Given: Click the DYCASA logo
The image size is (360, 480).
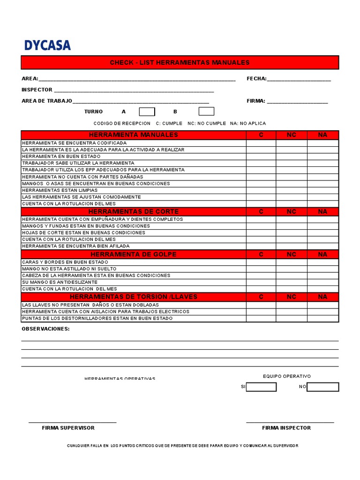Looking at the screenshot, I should point(47,45).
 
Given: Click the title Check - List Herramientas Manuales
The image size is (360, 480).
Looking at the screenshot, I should point(180,62).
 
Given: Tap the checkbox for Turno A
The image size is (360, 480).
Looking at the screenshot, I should point(147,112).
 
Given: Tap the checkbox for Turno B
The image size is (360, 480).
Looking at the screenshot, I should point(206,112).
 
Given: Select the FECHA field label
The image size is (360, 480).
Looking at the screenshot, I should point(256,79).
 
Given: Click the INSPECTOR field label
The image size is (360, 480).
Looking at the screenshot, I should point(37,90).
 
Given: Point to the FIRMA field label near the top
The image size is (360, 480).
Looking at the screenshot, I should point(256,101).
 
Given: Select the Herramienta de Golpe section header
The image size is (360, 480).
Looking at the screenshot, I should point(134,254).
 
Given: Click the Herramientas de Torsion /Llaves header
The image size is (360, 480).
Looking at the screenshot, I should point(134,297).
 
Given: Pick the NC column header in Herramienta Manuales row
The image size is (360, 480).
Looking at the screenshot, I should point(292,135).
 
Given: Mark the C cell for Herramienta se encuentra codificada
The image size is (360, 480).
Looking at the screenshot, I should point(261,143).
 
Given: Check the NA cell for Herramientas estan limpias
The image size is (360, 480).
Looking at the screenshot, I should point(322,190).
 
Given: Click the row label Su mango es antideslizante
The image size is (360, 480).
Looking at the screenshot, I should point(60,282).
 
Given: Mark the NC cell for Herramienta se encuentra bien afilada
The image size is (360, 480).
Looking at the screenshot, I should point(292,246).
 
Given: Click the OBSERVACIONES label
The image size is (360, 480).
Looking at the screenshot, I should point(45,329).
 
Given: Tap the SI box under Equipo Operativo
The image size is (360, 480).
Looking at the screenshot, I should point(261,387).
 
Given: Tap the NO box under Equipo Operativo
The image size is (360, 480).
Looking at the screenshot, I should point(322,387).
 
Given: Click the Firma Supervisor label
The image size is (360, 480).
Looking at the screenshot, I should point(68,428).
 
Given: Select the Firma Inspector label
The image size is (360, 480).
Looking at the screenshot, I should point(286,428).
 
